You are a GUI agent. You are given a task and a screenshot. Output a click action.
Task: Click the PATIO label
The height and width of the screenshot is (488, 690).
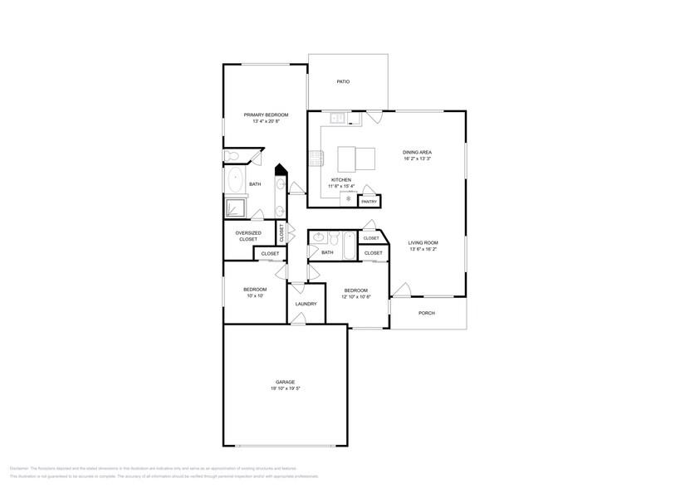click(x=342, y=81)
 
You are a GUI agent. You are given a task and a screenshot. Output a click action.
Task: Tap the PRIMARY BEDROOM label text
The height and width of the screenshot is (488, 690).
click(x=266, y=115)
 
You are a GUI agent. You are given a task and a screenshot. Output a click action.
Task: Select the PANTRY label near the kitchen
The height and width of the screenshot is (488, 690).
click(x=369, y=201)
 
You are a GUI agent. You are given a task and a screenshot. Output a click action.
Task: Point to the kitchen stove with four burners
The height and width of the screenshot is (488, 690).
click(x=316, y=156)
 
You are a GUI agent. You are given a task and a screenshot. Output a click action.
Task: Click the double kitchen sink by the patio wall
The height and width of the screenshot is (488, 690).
click(x=338, y=119)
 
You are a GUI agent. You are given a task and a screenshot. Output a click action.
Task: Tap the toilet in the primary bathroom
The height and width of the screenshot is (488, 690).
click(x=232, y=156)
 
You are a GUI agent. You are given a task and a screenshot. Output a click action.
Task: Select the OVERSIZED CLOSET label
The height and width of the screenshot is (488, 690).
click(x=249, y=236)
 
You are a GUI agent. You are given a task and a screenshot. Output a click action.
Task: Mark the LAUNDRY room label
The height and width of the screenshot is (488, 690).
click(x=305, y=304)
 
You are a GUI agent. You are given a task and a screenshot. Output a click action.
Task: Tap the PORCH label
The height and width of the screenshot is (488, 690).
click(x=427, y=313)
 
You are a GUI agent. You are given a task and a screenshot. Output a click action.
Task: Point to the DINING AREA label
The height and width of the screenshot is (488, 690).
click(x=417, y=152)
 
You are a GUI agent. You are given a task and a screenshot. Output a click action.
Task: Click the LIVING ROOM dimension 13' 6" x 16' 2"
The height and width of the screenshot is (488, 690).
click(x=422, y=249)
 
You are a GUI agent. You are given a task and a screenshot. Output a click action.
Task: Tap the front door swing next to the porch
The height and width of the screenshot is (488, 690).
click(x=402, y=290)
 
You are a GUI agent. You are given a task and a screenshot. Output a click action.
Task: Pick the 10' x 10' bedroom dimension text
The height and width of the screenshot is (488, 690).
click(x=254, y=295)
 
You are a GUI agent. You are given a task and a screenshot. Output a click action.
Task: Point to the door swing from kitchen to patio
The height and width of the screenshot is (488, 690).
click(x=375, y=117)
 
